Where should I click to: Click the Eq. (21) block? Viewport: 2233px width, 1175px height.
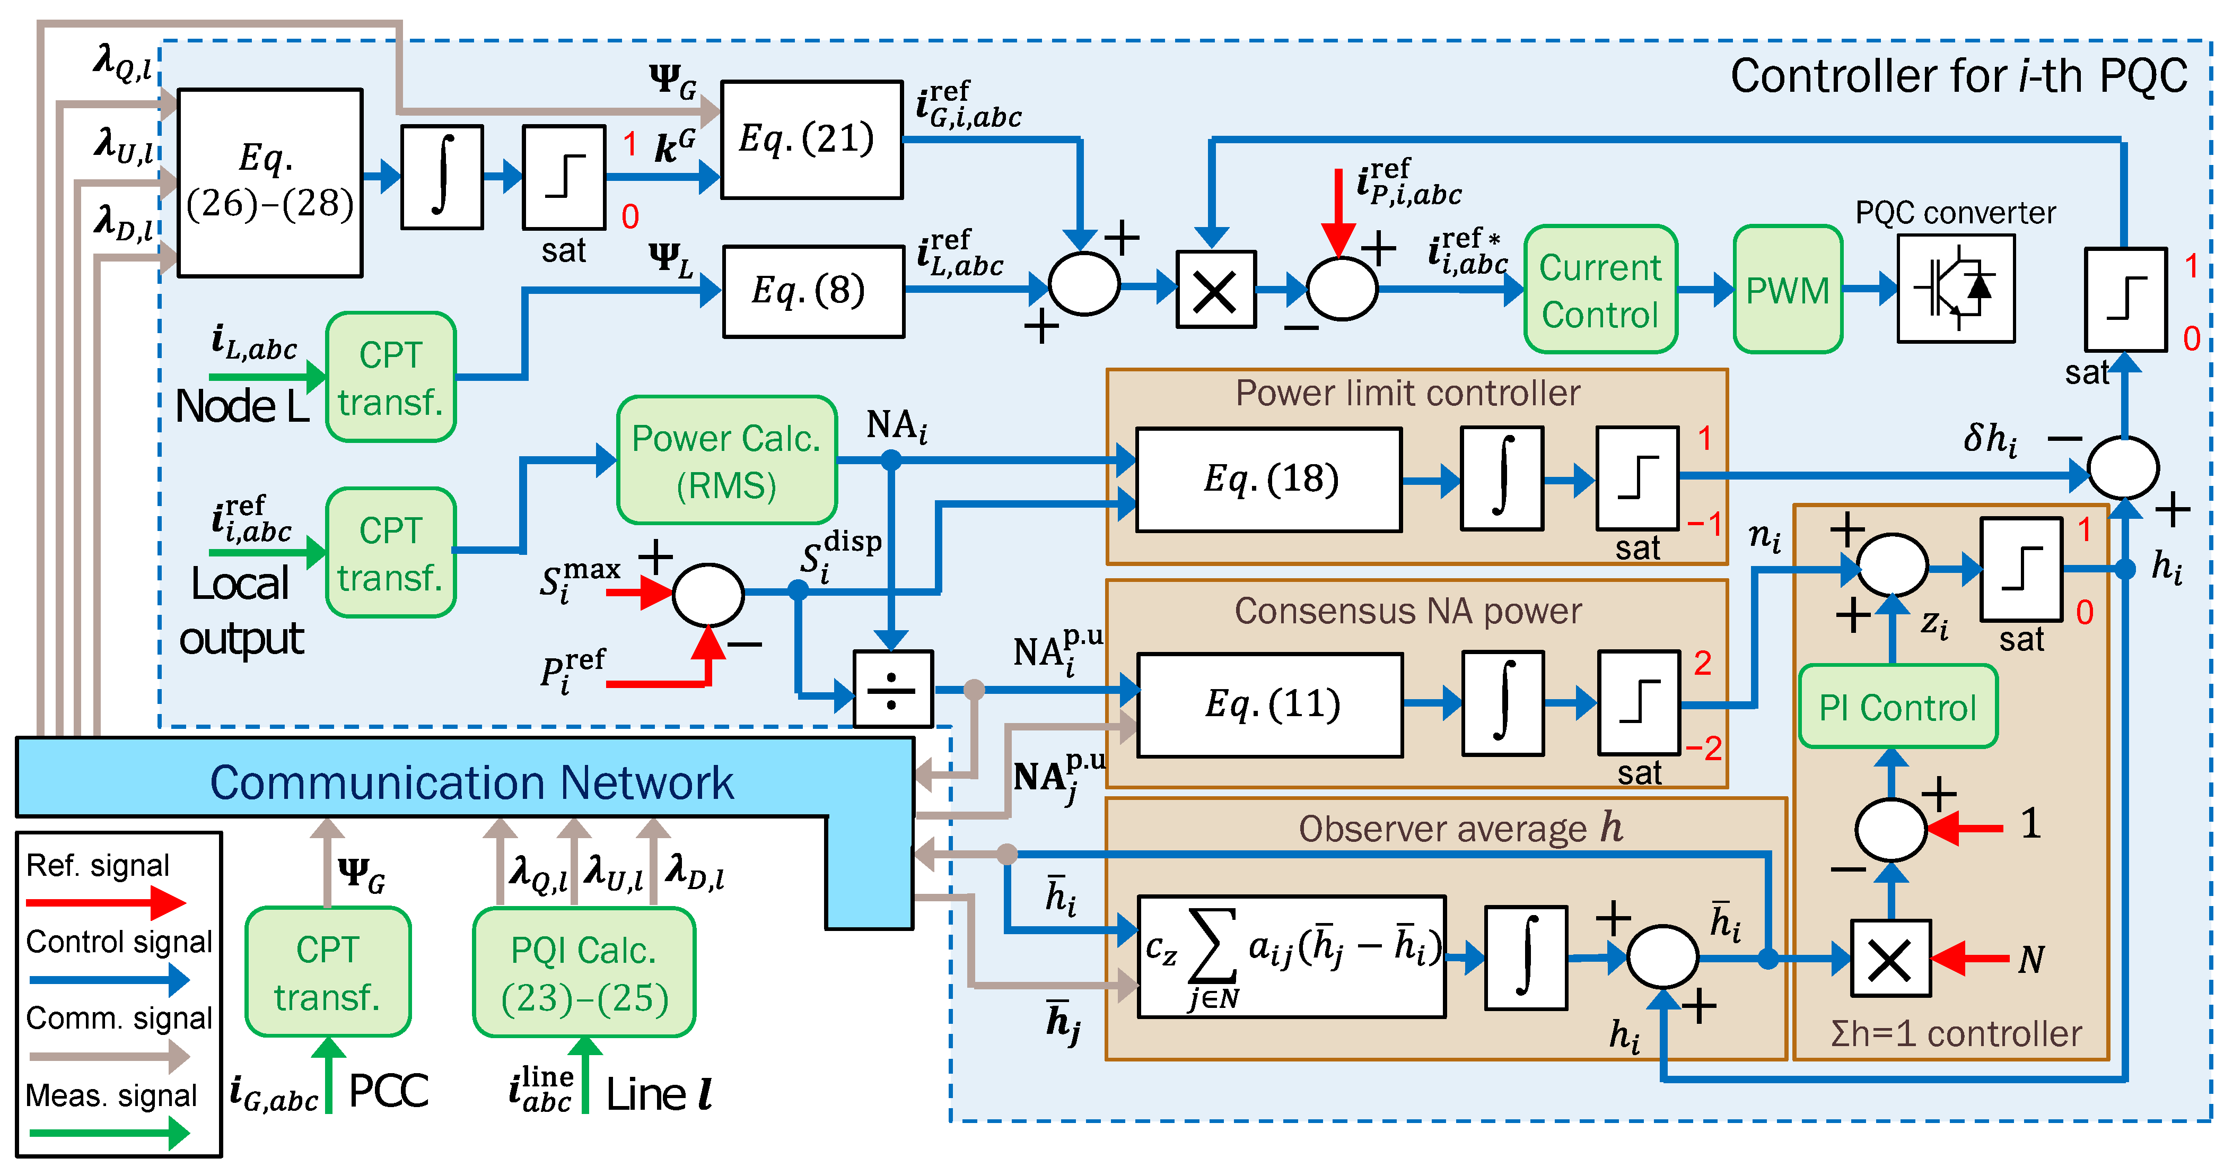click(811, 140)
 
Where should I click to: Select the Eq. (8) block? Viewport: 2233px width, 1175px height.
click(813, 291)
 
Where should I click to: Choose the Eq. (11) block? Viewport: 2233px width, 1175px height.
click(1270, 704)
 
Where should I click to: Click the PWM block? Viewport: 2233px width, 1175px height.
click(1788, 290)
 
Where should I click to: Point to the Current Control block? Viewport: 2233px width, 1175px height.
click(1600, 290)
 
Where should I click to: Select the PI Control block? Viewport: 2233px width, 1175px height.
click(1897, 707)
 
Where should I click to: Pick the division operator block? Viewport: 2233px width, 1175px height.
click(893, 690)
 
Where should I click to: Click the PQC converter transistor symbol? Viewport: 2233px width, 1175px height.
click(1956, 289)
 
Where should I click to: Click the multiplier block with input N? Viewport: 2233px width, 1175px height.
click(1890, 958)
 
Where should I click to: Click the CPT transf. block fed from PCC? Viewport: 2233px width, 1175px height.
click(328, 972)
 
